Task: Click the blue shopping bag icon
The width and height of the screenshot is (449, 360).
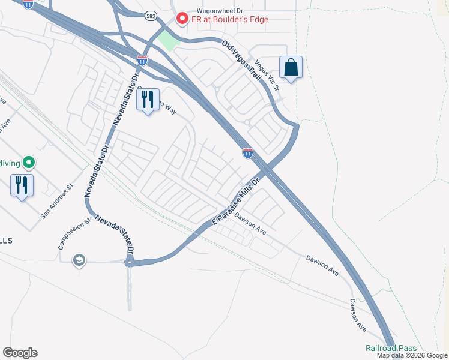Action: point(291,67)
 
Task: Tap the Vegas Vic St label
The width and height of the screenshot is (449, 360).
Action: point(268,75)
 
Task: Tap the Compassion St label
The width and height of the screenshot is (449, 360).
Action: point(74,234)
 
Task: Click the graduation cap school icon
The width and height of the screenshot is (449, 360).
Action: point(78,260)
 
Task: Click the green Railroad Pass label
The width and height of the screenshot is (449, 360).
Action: point(391,349)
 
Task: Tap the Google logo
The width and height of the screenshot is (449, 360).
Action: point(20,353)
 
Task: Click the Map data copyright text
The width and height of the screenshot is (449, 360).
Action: point(412,356)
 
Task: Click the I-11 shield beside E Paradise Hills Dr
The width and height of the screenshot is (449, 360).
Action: point(247,153)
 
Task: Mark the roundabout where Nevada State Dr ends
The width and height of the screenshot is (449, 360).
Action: point(129,262)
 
